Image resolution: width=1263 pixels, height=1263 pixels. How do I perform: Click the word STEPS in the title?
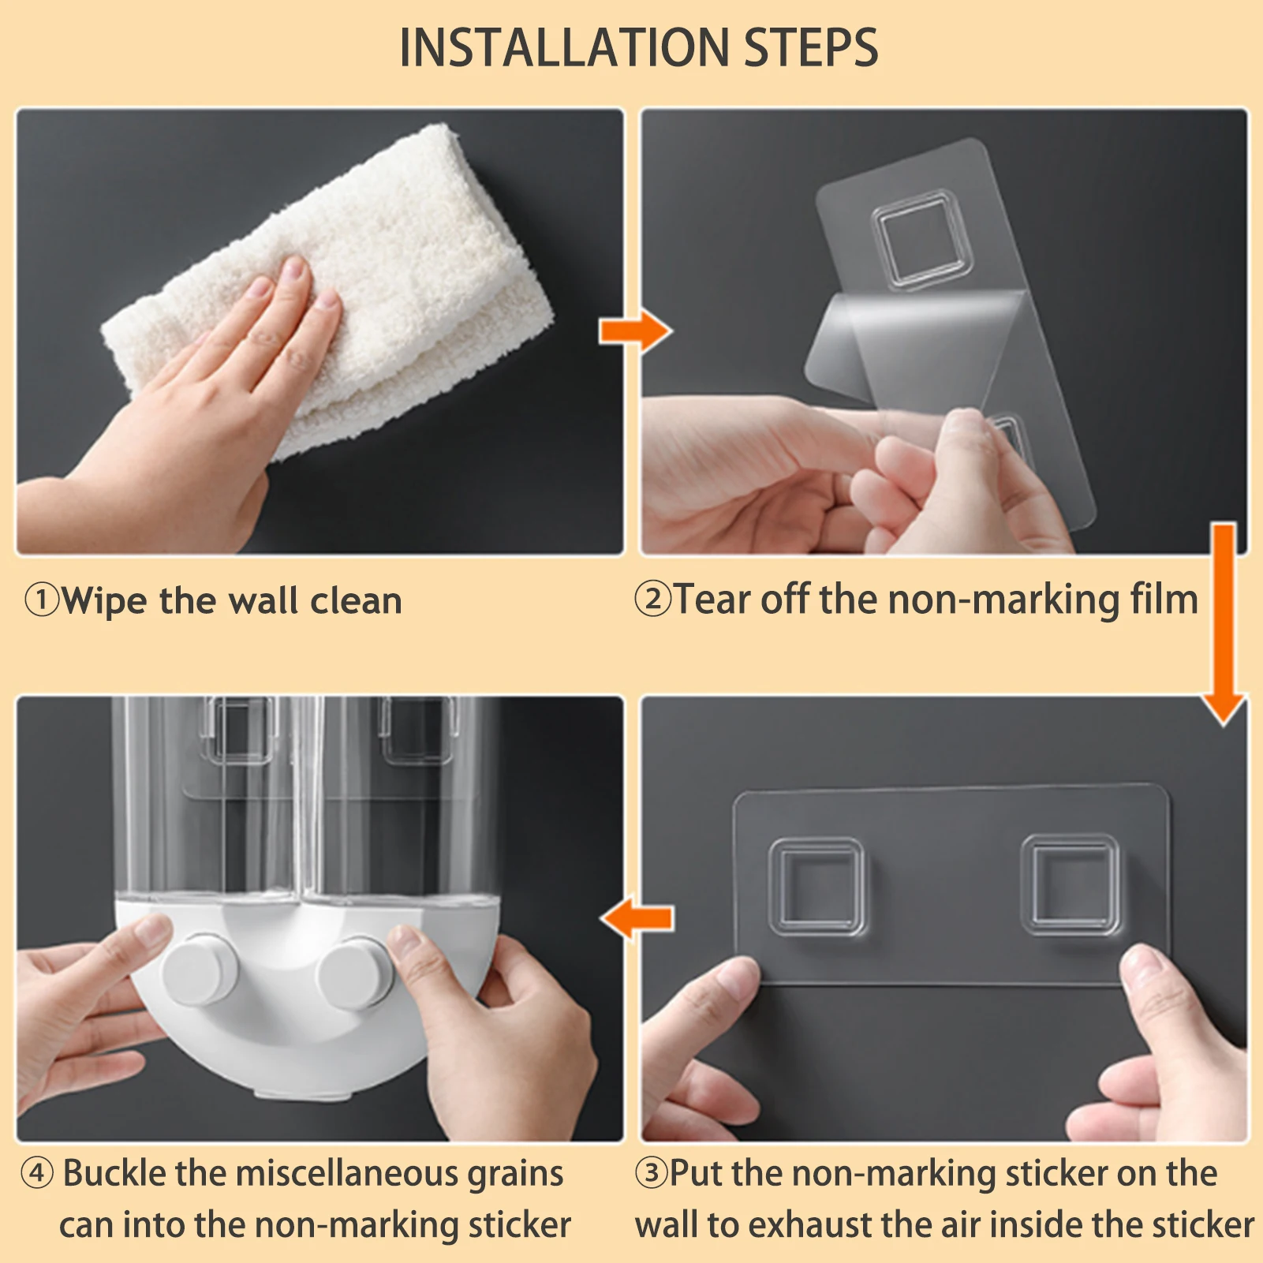(x=811, y=47)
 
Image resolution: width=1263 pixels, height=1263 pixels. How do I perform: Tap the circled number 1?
(x=41, y=600)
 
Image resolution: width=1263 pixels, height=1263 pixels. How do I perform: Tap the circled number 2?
(x=652, y=599)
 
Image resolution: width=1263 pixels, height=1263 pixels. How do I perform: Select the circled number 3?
(x=652, y=1173)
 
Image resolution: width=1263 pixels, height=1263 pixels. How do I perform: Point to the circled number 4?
(x=37, y=1173)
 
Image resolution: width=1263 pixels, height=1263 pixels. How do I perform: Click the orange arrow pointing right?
(x=635, y=331)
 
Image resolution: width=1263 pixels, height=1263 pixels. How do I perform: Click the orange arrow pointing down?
(x=1224, y=623)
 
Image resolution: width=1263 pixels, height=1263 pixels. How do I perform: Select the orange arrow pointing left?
(x=637, y=918)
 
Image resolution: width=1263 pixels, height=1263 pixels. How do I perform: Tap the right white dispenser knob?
(x=355, y=972)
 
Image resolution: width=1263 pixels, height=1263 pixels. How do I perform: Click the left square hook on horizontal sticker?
(x=816, y=887)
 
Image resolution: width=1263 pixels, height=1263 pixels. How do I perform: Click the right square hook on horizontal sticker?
(x=1071, y=884)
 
